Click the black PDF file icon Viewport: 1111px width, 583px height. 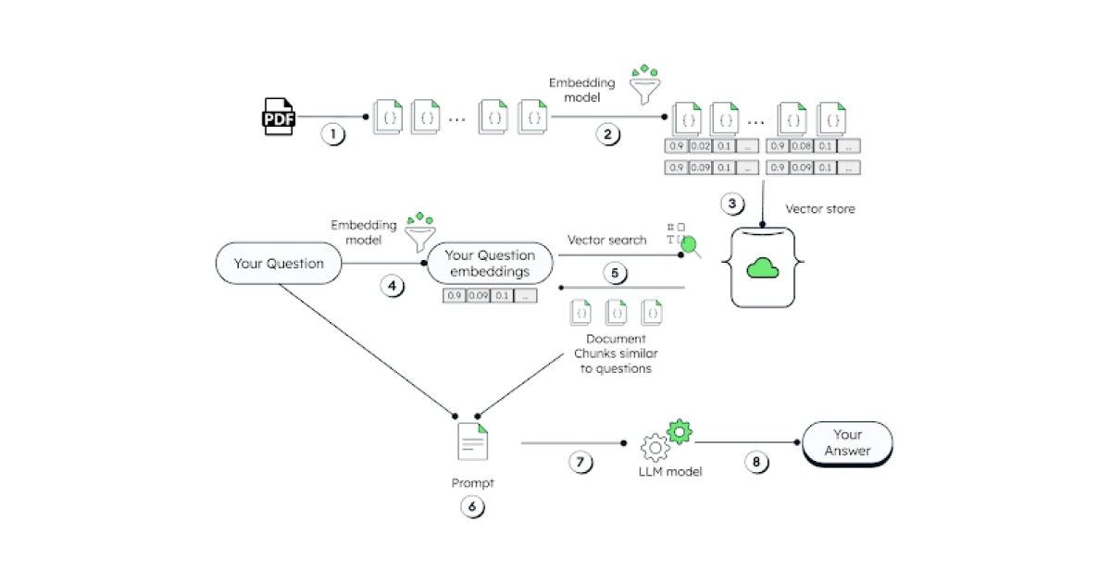point(278,117)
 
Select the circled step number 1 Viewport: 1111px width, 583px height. point(332,134)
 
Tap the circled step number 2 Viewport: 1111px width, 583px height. point(607,134)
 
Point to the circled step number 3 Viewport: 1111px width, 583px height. point(732,203)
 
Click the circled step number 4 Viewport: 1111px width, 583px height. point(393,286)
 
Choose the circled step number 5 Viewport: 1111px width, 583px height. point(615,273)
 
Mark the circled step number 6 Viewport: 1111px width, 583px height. point(471,506)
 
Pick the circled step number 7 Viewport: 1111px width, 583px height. point(580,464)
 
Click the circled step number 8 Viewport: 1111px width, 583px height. point(758,464)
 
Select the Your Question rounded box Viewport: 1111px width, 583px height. point(279,264)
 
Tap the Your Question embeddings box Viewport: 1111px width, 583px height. point(490,264)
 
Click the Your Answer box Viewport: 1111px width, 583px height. point(847,442)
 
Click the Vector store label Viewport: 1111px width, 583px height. point(820,209)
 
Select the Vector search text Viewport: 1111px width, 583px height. point(607,241)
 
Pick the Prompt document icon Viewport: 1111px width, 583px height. point(472,441)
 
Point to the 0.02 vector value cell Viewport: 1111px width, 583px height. point(700,145)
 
